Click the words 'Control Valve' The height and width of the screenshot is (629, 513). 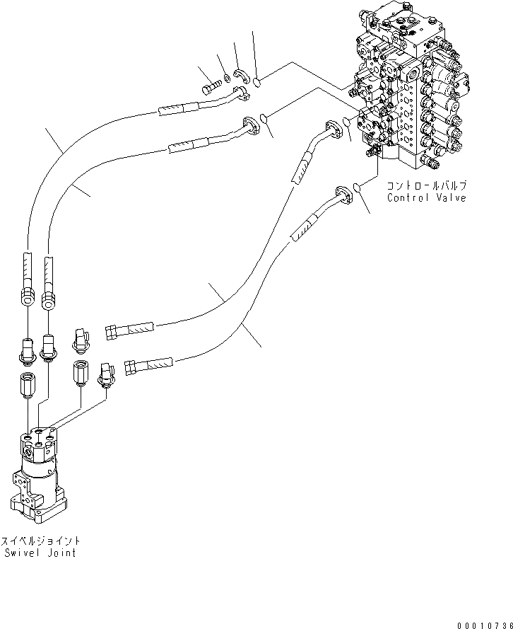(x=426, y=198)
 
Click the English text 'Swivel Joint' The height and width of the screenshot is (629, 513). (x=39, y=553)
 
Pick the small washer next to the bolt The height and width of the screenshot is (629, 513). (x=225, y=78)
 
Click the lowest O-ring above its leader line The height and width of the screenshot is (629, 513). (x=359, y=187)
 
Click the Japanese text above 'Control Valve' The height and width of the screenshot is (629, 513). (x=426, y=185)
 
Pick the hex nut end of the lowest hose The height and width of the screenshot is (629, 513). (x=130, y=367)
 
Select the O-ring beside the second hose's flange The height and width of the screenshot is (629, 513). (x=263, y=117)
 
